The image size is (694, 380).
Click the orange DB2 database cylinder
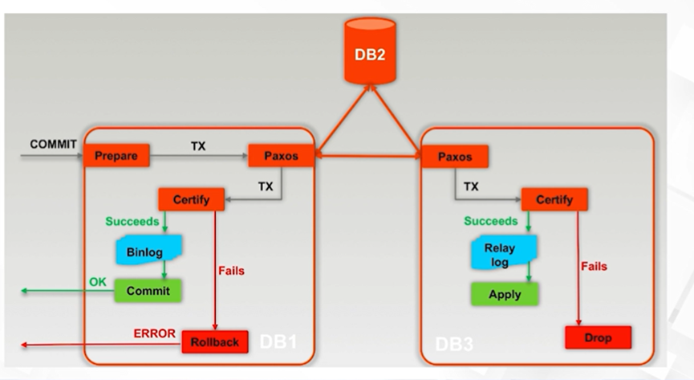370,52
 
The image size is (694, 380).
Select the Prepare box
116,155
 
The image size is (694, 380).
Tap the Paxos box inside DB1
281,155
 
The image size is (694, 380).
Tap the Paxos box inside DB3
455,156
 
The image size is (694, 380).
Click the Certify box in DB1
191,199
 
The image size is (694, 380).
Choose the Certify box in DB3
554,199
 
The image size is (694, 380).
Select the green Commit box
148,291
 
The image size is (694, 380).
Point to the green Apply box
505,294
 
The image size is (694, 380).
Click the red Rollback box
215,341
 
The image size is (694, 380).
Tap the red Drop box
599,337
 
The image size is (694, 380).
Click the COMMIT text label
54,145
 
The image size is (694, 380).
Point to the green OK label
96,281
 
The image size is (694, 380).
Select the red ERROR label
154,333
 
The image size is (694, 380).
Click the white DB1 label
278,341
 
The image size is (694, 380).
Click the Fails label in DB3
594,266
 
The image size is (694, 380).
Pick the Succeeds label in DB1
132,221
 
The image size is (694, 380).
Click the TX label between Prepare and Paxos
198,146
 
